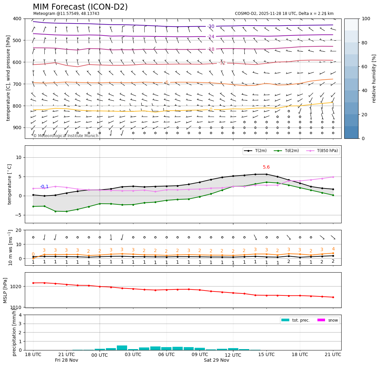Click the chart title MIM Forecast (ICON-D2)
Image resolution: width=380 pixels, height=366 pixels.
[x=80, y=7]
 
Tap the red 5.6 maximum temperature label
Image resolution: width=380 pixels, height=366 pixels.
[x=266, y=167]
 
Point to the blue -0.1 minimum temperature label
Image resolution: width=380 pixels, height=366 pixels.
[x=44, y=187]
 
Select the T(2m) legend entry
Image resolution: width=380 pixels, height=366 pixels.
[x=258, y=151]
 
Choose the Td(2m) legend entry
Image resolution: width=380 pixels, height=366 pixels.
[x=288, y=151]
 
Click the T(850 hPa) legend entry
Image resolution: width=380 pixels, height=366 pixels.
[x=323, y=151]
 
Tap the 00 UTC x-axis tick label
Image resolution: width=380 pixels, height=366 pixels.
[x=100, y=355]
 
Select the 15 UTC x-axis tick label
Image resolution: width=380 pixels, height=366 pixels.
[x=266, y=354]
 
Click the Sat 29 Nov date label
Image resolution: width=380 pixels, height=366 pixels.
[x=216, y=360]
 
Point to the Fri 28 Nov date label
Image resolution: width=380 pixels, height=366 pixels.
[x=67, y=360]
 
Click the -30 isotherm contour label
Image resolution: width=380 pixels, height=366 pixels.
[x=211, y=26]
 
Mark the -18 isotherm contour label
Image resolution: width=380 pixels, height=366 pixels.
[x=211, y=49]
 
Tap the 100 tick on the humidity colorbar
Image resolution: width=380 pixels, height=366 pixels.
[x=366, y=19]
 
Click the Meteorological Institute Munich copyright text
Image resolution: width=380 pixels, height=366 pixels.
[x=66, y=136]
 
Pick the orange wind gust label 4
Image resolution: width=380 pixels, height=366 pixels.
[x=333, y=249]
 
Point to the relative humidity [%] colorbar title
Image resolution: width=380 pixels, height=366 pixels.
[x=374, y=78]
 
